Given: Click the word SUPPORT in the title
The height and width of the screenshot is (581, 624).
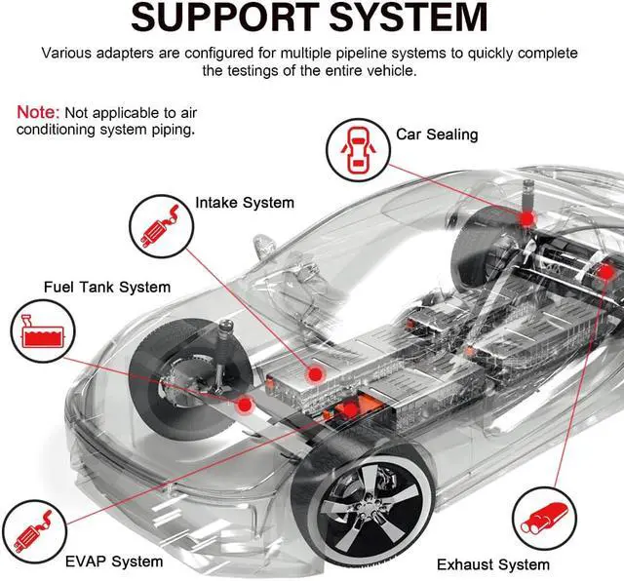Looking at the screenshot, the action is point(225,18).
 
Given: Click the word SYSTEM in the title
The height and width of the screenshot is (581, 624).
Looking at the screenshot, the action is point(409,18).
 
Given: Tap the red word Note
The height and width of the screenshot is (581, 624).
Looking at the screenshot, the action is point(38,113).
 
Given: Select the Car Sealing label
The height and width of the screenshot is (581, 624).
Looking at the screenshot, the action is point(437,135).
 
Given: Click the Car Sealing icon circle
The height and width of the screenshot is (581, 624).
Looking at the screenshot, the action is point(358,150).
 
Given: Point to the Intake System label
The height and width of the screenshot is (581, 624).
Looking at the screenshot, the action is point(245,203).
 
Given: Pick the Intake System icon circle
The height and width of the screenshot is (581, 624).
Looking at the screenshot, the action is point(162,226).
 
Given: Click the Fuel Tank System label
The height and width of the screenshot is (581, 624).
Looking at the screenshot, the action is point(107,287).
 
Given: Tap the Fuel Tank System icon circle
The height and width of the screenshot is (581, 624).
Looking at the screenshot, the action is point(43,331).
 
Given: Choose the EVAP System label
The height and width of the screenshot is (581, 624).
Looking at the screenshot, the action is point(114,562).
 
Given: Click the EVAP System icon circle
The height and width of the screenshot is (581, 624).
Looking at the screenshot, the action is point(34,531).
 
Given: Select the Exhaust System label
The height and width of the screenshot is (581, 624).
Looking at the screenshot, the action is point(493,564).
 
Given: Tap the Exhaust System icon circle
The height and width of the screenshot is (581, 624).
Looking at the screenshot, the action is point(544,519).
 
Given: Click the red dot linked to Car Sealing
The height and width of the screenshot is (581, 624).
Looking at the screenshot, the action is point(526,218).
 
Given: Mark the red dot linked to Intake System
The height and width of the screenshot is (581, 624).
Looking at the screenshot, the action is point(315,374).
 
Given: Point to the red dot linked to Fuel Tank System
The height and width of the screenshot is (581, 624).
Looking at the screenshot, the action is point(245,406).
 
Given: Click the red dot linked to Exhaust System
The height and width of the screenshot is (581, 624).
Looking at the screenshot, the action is point(606,273).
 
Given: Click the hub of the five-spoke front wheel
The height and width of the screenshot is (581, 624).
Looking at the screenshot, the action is point(368,507).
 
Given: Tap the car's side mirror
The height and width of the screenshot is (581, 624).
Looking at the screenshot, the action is point(264,244).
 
